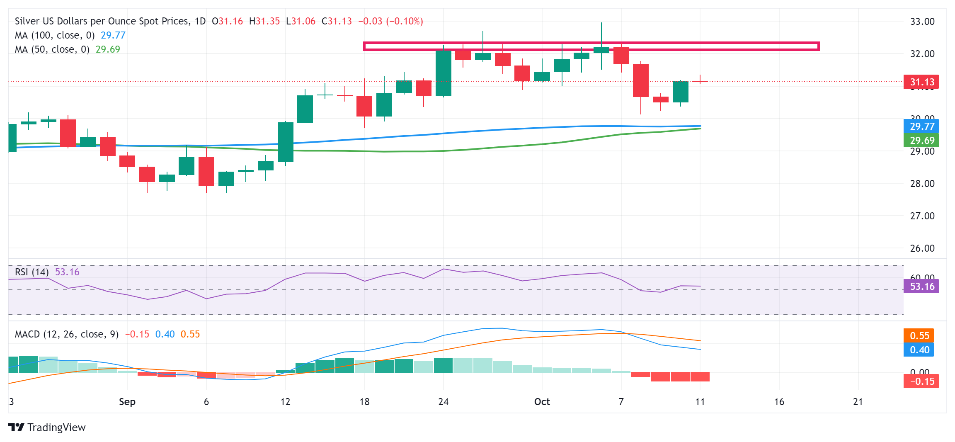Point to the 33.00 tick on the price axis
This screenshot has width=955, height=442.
pos(922,22)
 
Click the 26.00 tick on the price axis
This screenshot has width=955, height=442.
pos(922,248)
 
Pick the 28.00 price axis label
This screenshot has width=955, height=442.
pos(922,184)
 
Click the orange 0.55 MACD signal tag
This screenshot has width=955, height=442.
pos(919,335)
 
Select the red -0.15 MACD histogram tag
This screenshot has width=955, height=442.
pos(921,381)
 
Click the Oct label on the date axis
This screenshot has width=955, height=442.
pos(542,402)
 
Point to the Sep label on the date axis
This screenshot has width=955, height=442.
pos(127,402)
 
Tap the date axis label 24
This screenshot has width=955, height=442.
pos(443,402)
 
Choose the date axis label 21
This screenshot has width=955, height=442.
pos(858,402)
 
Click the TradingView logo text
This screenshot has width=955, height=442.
pos(56,427)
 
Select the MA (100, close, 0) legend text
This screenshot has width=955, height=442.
pos(55,35)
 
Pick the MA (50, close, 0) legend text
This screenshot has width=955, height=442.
pos(52,49)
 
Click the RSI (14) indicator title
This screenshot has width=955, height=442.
pos(32,272)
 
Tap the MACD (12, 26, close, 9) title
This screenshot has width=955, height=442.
pos(67,334)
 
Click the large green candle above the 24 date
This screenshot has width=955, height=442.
pos(443,73)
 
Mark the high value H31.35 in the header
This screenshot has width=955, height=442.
pos(264,21)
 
